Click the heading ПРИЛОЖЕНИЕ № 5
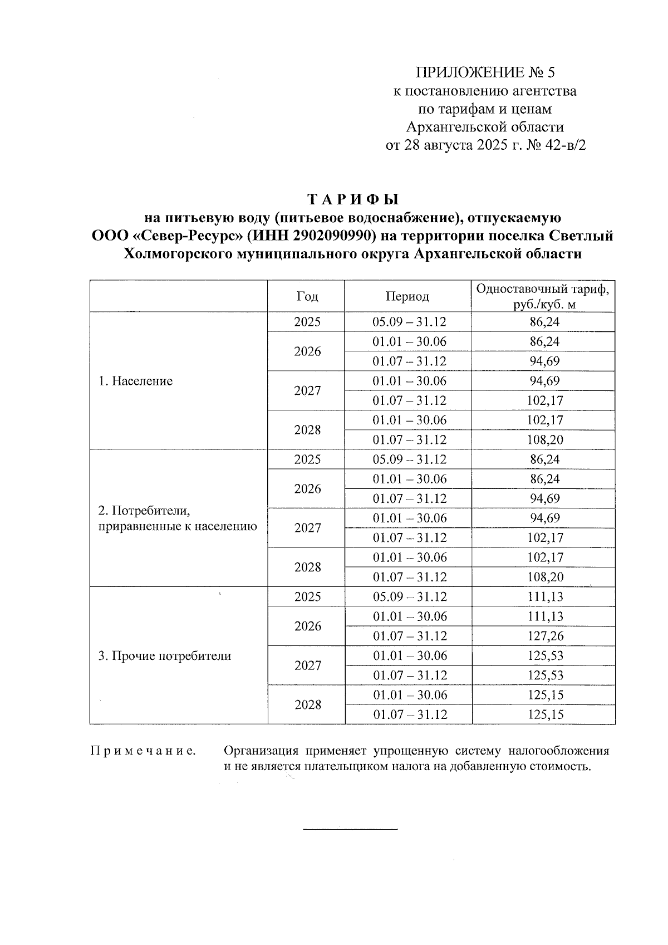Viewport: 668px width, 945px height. (485, 72)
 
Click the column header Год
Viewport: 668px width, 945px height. (307, 296)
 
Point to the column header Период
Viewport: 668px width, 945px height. (407, 296)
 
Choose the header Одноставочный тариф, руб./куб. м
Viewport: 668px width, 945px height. (543, 296)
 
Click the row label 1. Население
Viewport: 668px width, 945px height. (136, 381)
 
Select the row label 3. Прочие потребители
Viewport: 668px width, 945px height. (165, 655)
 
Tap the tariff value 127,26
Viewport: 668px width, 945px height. (545, 636)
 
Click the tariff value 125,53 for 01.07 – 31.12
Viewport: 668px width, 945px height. (545, 675)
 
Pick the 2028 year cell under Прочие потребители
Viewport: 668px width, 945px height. (308, 704)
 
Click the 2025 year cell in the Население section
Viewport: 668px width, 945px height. (307, 322)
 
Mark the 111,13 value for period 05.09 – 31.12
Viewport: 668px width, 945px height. (545, 597)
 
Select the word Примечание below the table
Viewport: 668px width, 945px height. (143, 751)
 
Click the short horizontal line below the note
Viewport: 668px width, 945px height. (350, 830)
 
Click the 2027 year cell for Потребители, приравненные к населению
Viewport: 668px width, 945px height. (308, 528)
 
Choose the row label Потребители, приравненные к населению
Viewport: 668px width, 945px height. (178, 518)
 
